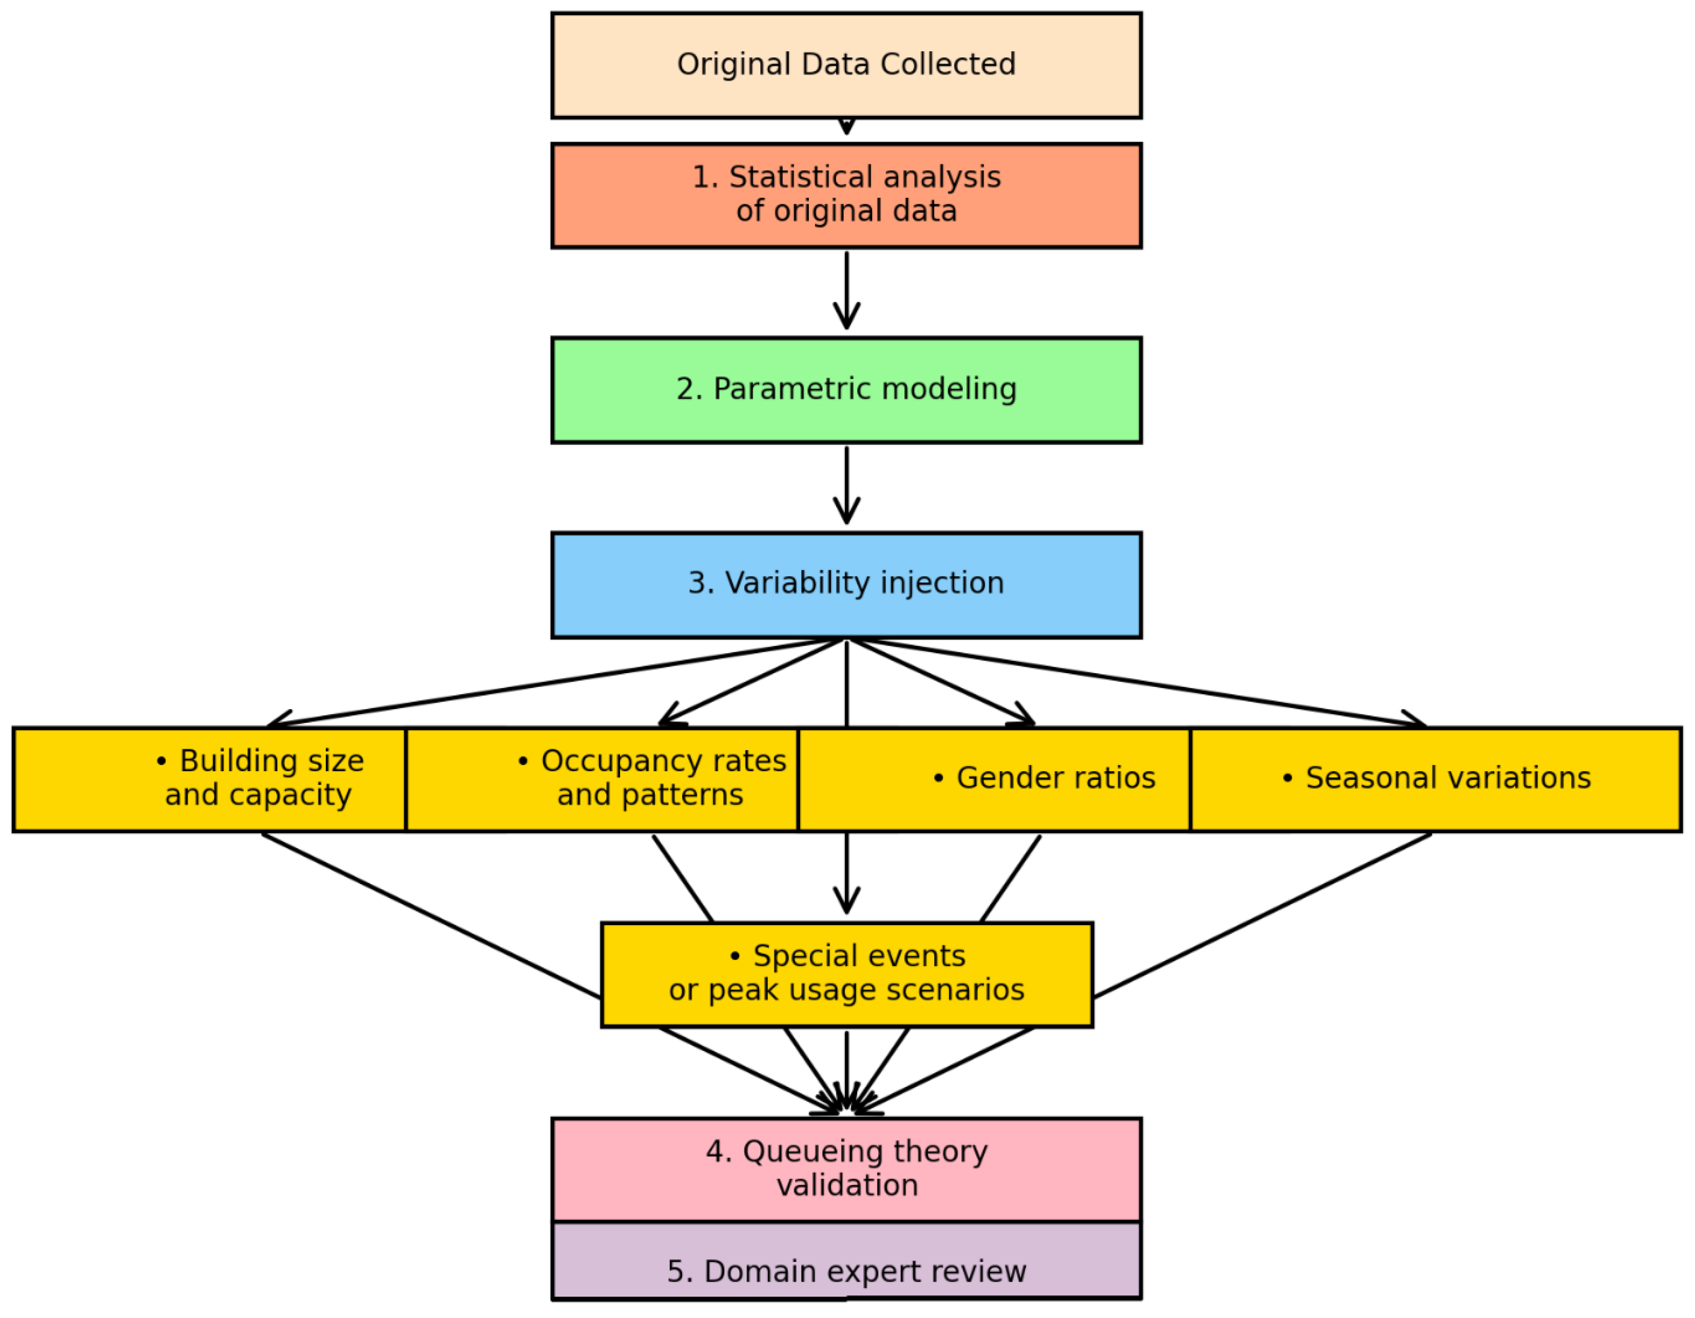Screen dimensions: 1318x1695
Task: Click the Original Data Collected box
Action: click(x=846, y=65)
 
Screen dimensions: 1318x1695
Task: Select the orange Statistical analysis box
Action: click(x=846, y=196)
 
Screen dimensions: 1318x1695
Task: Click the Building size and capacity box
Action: click(x=210, y=779)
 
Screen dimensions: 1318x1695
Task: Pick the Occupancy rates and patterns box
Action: click(x=601, y=779)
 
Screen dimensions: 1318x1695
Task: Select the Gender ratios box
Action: click(x=993, y=779)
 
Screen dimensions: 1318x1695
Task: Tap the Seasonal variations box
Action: click(x=1436, y=779)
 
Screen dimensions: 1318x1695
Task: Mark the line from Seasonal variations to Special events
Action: click(x=1261, y=916)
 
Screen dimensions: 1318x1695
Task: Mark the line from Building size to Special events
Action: click(x=431, y=916)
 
